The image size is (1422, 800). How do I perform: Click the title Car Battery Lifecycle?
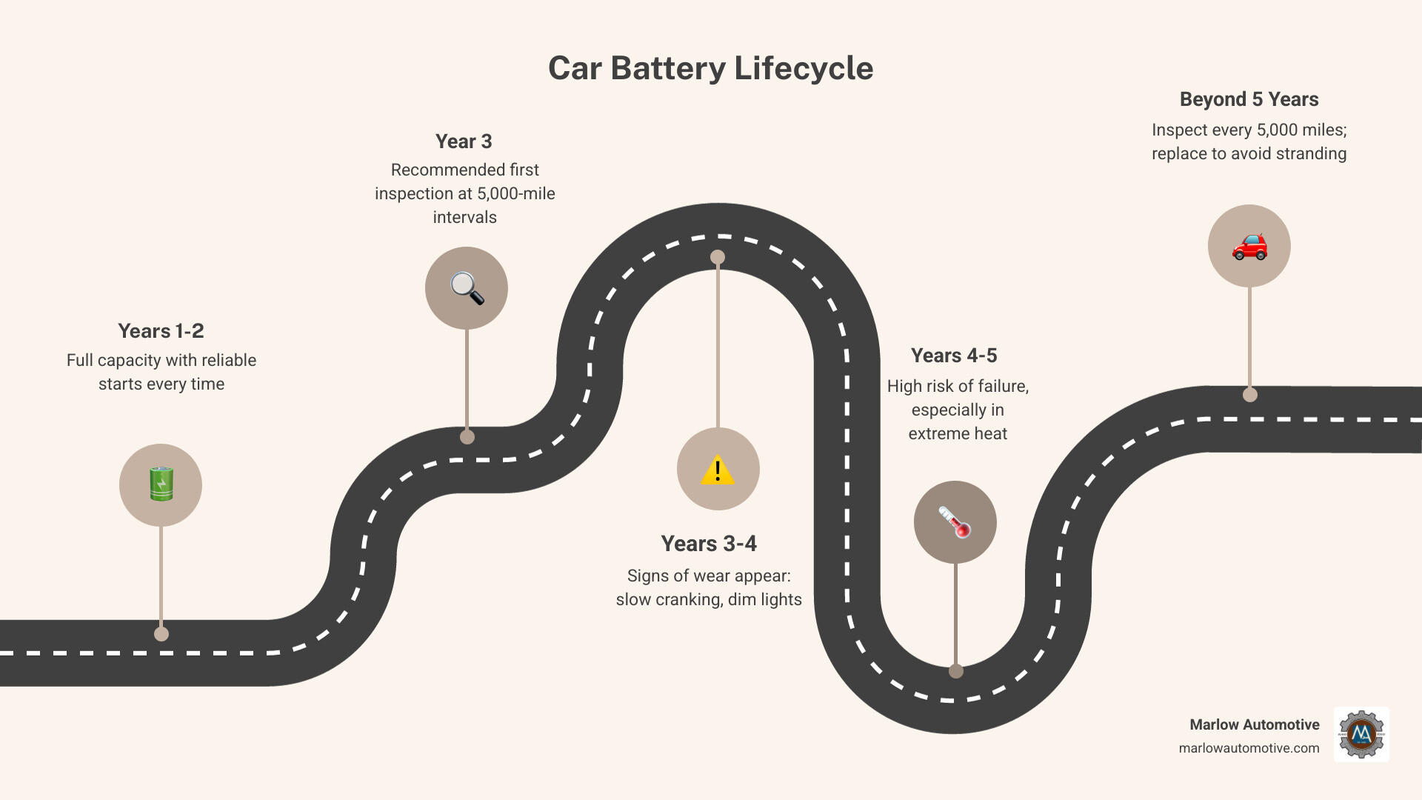pyautogui.click(x=710, y=68)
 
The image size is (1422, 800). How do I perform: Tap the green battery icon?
pyautogui.click(x=161, y=484)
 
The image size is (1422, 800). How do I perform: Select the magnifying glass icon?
pyautogui.click(x=467, y=288)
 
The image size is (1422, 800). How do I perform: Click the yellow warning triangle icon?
pyautogui.click(x=718, y=470)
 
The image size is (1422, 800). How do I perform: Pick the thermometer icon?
pyautogui.click(x=955, y=522)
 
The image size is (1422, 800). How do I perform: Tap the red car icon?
pyautogui.click(x=1249, y=246)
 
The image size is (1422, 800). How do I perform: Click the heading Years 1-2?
pyautogui.click(x=161, y=331)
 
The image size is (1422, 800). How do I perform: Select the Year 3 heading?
pyautogui.click(x=464, y=141)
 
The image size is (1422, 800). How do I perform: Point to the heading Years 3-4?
pyautogui.click(x=709, y=544)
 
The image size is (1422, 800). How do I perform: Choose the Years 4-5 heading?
pyautogui.click(x=954, y=356)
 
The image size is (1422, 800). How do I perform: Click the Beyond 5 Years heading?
pyautogui.click(x=1249, y=99)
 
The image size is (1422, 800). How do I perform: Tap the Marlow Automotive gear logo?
pyautogui.click(x=1361, y=734)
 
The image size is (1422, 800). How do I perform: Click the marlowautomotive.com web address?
pyautogui.click(x=1249, y=748)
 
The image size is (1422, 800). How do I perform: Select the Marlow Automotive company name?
pyautogui.click(x=1254, y=724)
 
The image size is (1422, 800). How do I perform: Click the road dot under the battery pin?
pyautogui.click(x=161, y=634)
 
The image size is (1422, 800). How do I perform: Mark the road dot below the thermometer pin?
pyautogui.click(x=956, y=671)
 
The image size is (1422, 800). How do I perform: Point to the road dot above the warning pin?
pyautogui.click(x=718, y=257)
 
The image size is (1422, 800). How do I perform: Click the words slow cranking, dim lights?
pyautogui.click(x=709, y=599)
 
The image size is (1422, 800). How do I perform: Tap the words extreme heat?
pyautogui.click(x=958, y=433)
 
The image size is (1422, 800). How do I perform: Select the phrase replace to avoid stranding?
pyautogui.click(x=1249, y=153)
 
